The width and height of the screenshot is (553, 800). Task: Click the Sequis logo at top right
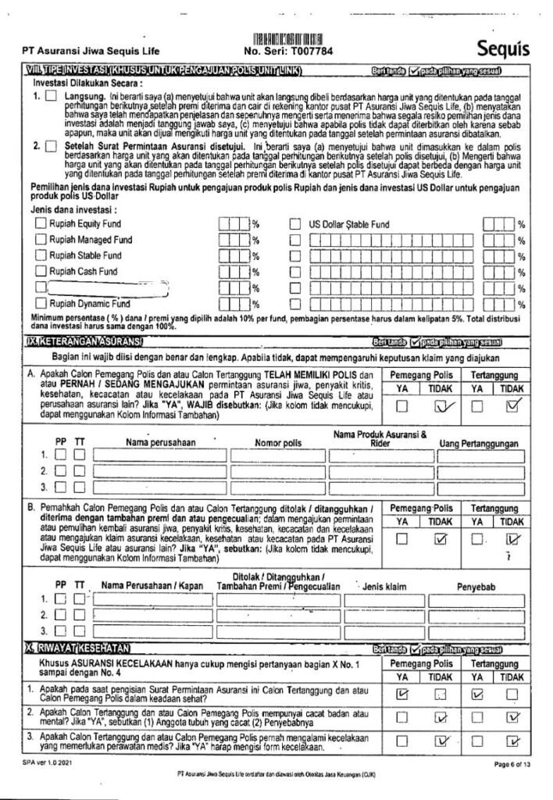click(503, 49)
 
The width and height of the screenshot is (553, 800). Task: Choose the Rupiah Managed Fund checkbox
click(41, 240)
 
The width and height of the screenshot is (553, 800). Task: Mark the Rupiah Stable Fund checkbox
click(41, 255)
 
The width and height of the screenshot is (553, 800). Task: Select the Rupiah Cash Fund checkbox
click(41, 271)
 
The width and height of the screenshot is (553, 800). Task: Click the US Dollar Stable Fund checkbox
click(295, 224)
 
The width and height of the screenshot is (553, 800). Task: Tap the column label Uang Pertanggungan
click(479, 443)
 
